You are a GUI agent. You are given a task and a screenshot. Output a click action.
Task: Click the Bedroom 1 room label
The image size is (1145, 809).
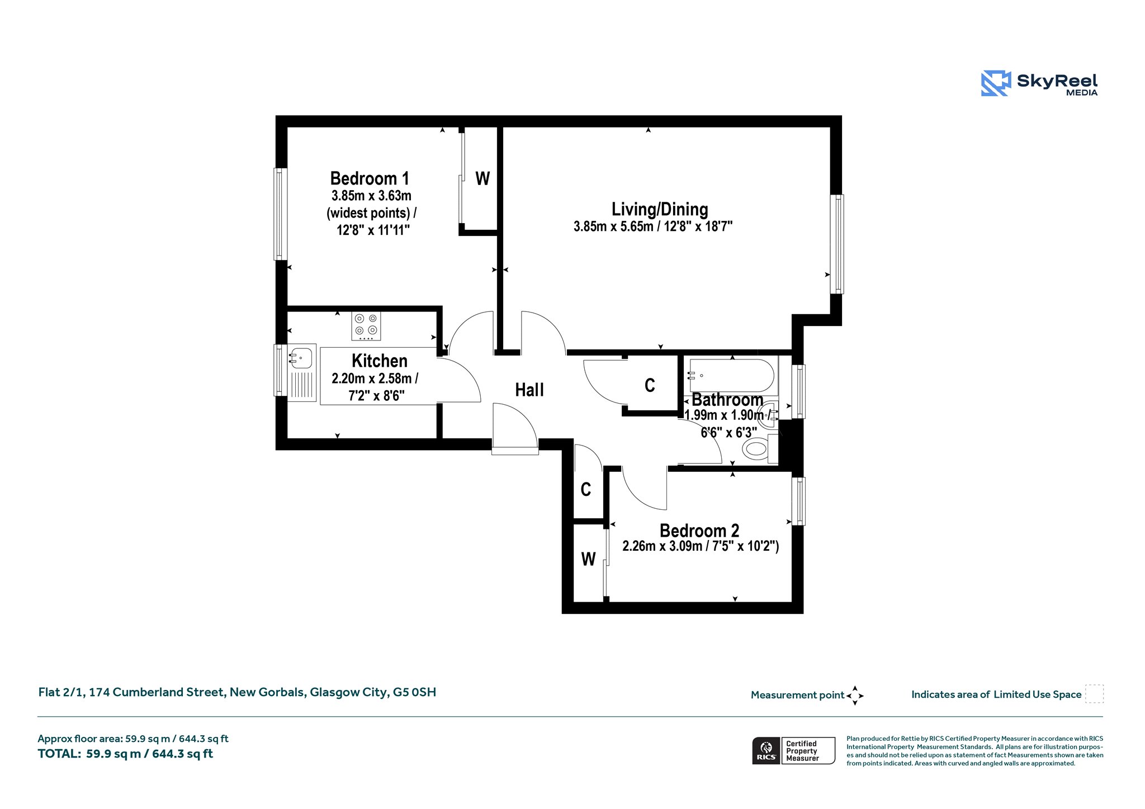(x=370, y=178)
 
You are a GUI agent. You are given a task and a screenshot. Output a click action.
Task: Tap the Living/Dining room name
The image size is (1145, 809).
(x=660, y=209)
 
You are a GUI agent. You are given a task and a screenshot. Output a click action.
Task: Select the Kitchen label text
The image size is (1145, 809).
(x=380, y=361)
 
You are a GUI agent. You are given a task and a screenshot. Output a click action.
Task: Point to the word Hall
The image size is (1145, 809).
(x=529, y=390)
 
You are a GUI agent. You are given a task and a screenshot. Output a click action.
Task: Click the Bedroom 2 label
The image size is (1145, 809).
(x=699, y=530)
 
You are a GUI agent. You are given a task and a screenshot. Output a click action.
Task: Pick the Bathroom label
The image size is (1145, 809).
(x=727, y=400)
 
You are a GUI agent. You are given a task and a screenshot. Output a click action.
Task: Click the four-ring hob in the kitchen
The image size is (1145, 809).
(x=366, y=325)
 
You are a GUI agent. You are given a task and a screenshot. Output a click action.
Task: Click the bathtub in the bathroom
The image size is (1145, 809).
(x=732, y=376)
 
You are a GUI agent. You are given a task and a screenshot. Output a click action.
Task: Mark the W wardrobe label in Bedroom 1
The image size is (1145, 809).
(x=482, y=179)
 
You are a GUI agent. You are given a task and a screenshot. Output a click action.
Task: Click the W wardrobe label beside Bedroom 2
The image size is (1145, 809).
(x=588, y=559)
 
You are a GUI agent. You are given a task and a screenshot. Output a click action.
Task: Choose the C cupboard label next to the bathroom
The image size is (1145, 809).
(x=650, y=385)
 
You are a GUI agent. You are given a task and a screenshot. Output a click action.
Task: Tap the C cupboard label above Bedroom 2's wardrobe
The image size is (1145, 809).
(x=586, y=490)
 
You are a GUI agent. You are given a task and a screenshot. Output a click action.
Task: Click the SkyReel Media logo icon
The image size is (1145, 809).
(x=996, y=83)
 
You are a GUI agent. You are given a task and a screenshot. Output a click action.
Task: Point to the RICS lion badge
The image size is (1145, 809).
(x=767, y=750)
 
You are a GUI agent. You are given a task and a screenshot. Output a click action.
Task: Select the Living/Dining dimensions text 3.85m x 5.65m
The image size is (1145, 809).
(x=613, y=226)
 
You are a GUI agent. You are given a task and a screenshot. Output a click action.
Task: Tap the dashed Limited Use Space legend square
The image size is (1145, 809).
(x=1094, y=694)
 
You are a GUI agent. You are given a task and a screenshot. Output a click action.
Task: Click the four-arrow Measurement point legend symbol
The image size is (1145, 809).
(x=855, y=696)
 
